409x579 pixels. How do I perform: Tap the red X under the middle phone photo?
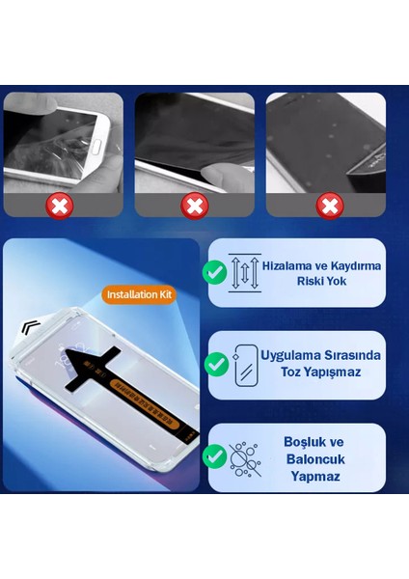(195, 205)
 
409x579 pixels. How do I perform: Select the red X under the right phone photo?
(330, 205)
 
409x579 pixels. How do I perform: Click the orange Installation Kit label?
(139, 293)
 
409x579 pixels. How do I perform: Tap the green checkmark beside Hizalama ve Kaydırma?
(215, 273)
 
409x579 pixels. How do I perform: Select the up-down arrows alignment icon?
(243, 273)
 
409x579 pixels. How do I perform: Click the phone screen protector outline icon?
(245, 365)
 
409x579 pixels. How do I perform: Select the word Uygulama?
(294, 355)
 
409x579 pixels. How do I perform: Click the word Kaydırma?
(351, 263)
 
